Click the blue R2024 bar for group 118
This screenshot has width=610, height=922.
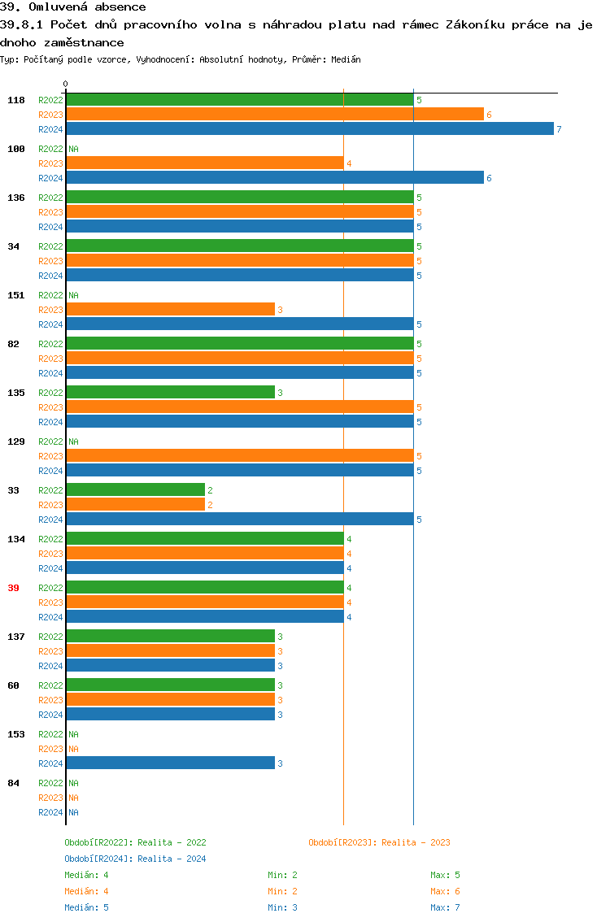coord(310,129)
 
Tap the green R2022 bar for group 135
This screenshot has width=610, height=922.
coord(171,393)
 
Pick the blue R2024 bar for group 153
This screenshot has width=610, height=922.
coord(171,763)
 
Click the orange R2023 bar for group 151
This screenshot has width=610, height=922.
coord(171,310)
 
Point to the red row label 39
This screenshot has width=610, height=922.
coord(13,588)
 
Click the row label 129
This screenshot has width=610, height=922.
coord(16,441)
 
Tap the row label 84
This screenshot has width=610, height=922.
coord(13,783)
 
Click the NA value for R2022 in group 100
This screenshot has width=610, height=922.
coord(73,149)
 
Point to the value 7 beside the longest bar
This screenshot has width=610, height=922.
coord(559,129)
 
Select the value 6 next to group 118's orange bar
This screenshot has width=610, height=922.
coord(489,115)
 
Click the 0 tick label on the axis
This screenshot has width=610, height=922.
coord(66,84)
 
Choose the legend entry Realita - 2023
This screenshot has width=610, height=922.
coord(379,842)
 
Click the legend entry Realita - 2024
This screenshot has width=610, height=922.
coord(135,859)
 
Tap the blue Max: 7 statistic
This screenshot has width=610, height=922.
coord(445,907)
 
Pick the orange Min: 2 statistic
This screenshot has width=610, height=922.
coord(282,891)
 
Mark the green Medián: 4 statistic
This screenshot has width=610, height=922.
coord(86,875)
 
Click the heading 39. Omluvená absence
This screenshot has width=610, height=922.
coord(73,7)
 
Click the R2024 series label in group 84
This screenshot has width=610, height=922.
coord(50,812)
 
